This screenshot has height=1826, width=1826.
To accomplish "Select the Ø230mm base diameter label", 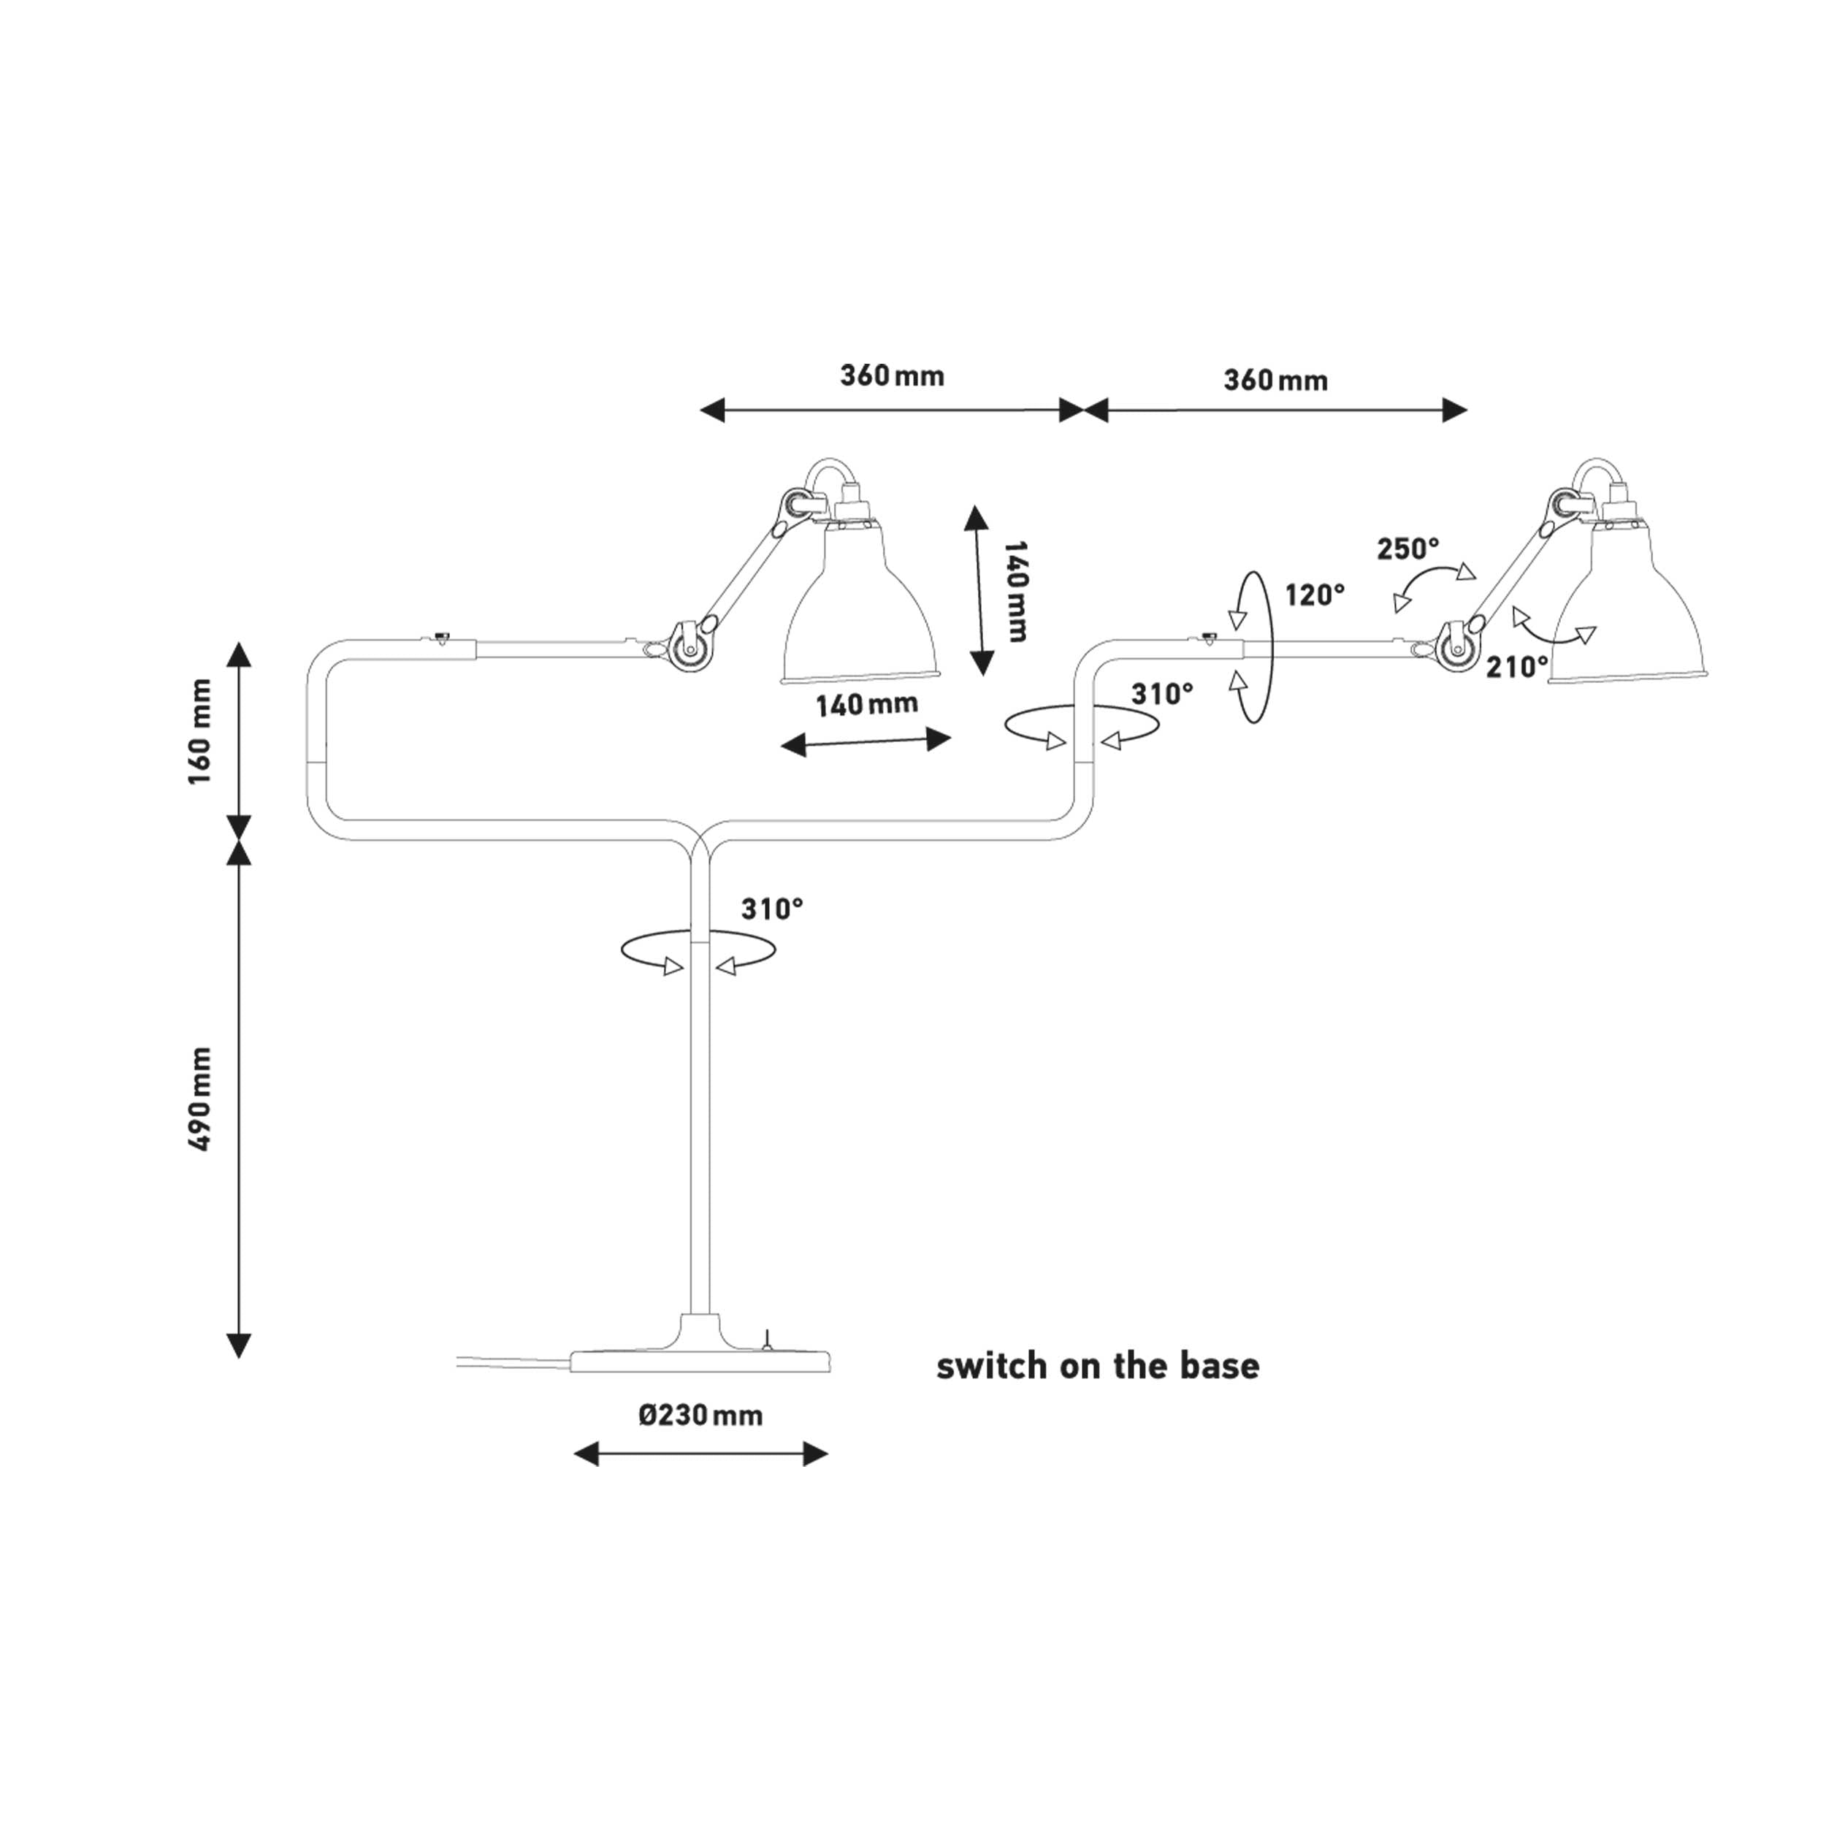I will [x=700, y=1415].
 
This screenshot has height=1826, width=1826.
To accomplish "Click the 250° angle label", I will [x=1407, y=549].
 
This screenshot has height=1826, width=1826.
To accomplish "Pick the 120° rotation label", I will [x=1315, y=595].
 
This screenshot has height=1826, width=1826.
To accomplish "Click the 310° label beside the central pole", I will [x=772, y=909].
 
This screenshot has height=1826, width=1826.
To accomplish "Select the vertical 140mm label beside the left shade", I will [x=1015, y=592].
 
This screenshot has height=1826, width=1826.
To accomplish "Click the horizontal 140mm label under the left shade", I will [x=867, y=705].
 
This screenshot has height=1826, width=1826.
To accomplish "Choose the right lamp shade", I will [x=1627, y=614].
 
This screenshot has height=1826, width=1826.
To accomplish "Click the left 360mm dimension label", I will [x=893, y=376].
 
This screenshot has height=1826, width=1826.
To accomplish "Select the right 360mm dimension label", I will [x=1275, y=381].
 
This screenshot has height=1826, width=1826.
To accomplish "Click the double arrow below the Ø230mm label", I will [x=700, y=1453].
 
